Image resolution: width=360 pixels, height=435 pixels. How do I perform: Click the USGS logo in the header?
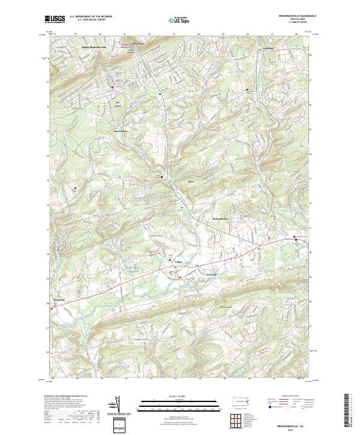click(55, 20)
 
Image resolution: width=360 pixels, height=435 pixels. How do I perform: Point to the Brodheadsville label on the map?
click(221, 218)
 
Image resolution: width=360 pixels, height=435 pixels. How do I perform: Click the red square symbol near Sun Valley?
click(112, 88)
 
